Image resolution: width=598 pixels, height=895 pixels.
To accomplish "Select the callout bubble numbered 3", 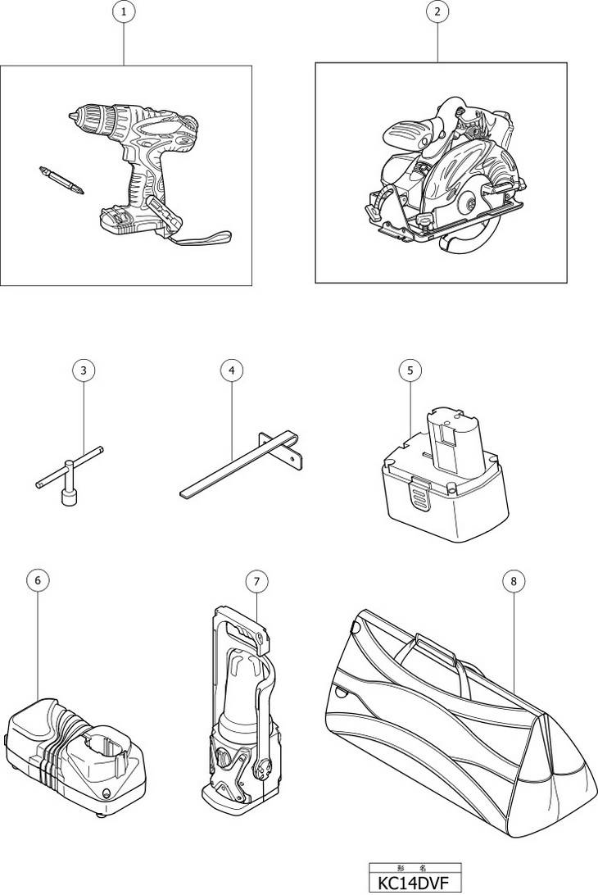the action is click(x=84, y=370).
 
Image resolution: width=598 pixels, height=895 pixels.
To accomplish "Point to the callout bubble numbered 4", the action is click(x=231, y=370).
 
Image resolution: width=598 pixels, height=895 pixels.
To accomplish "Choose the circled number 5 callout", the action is click(x=410, y=370).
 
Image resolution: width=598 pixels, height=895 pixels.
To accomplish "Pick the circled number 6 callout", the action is click(x=38, y=581).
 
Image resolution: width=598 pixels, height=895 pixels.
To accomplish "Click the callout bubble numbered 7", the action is click(x=256, y=581).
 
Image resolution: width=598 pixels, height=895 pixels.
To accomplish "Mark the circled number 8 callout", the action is click(x=514, y=581).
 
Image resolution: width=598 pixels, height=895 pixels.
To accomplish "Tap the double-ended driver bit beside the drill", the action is click(x=62, y=180).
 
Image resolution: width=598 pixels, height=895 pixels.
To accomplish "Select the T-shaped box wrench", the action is click(x=69, y=475).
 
